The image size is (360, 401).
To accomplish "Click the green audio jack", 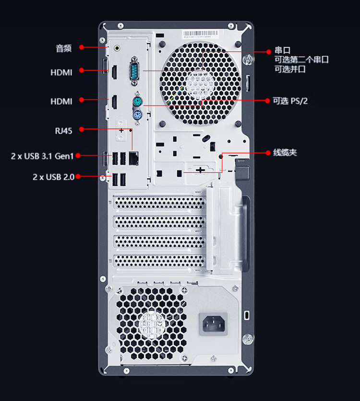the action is point(117,48).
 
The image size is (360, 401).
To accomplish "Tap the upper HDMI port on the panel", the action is point(114,72).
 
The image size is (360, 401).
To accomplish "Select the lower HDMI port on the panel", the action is point(114,102).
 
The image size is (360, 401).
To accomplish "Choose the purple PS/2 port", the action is point(138,115).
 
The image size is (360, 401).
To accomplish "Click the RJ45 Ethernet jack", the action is point(134,158).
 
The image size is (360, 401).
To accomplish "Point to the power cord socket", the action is point(213,324).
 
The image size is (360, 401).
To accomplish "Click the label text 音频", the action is point(64,49).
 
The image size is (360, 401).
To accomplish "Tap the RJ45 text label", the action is point(64,131).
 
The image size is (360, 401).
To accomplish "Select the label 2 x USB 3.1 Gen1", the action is point(42,156).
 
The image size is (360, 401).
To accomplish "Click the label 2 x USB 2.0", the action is point(53,177).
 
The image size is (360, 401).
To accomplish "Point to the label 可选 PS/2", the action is point(290,101).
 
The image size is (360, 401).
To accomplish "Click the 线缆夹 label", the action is point(285,153).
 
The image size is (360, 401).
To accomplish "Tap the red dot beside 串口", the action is point(268,52).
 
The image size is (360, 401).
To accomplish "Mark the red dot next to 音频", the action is point(82,47).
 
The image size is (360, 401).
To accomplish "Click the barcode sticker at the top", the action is point(200,34).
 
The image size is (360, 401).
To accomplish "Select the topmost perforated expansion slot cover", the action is point(159,203).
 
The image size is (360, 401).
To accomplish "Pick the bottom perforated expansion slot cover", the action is point(159,261).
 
